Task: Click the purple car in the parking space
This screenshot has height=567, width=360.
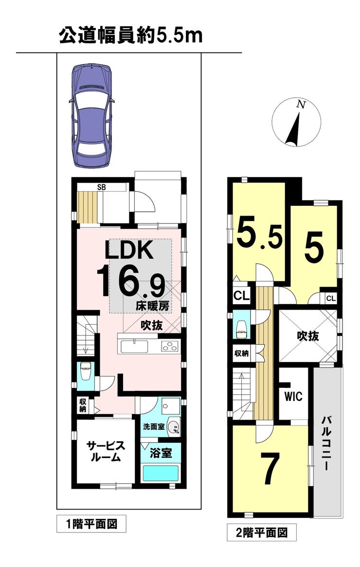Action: tap(92, 116)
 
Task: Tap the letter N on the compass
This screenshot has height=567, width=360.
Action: tap(300, 105)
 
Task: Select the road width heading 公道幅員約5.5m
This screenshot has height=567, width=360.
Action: tap(130, 36)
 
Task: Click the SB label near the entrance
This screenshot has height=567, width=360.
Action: tap(102, 187)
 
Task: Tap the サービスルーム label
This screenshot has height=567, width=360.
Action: tap(106, 452)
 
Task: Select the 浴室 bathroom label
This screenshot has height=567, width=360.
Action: tap(161, 453)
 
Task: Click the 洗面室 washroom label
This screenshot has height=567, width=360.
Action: tap(154, 427)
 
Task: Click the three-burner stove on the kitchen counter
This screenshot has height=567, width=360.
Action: tap(169, 347)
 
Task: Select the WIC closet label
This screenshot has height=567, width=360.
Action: tap(293, 397)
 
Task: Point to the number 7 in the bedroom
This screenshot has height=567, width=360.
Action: tap(272, 469)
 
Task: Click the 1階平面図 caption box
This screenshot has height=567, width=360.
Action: tap(91, 524)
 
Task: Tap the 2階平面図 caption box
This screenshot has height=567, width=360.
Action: tap(262, 532)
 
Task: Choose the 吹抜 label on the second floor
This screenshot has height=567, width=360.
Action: tap(308, 336)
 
